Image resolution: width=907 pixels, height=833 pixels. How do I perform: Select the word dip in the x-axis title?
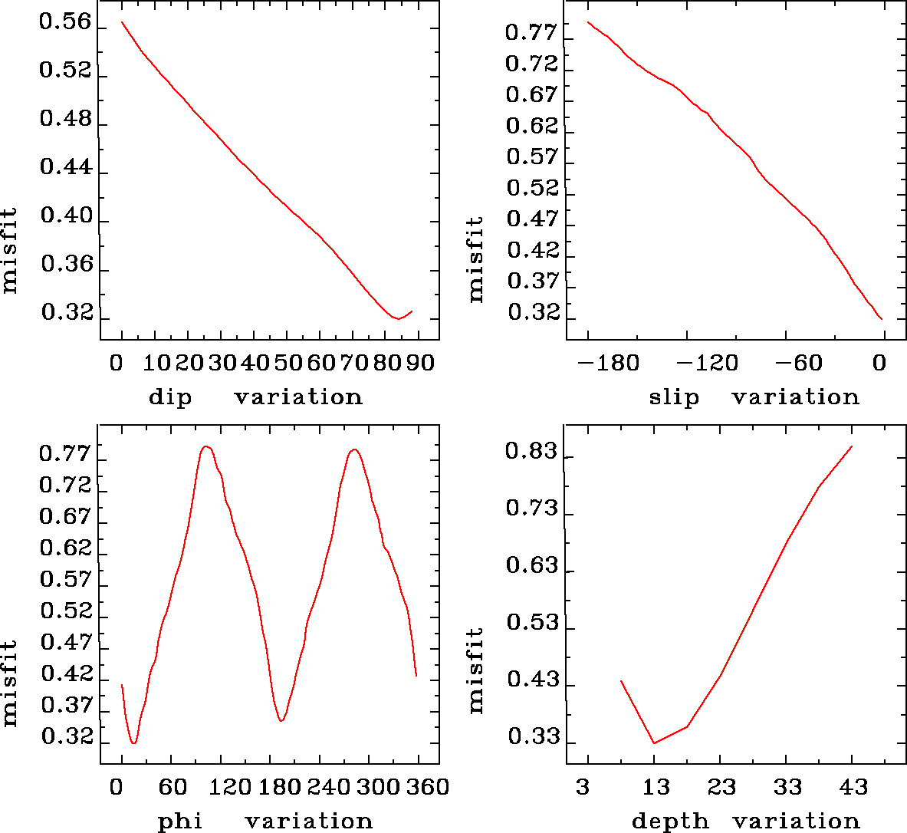click(x=170, y=397)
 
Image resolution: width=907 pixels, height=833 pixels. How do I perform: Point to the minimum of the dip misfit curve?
click(x=397, y=318)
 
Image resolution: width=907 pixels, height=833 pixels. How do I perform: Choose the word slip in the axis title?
click(x=674, y=397)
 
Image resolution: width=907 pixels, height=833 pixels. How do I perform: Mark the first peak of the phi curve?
click(x=205, y=446)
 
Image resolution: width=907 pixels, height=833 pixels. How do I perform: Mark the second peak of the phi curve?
click(x=353, y=449)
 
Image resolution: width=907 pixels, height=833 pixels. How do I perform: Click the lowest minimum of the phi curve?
click(x=134, y=742)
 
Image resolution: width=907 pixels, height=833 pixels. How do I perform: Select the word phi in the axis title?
click(x=180, y=821)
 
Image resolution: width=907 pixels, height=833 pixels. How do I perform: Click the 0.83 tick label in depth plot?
click(x=531, y=451)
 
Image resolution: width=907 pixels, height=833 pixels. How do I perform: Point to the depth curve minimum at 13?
click(x=654, y=742)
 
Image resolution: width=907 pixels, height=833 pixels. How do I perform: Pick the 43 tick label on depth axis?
click(x=852, y=787)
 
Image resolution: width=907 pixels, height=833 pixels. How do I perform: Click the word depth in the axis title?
click(x=669, y=821)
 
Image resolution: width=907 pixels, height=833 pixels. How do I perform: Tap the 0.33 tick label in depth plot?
click(x=531, y=738)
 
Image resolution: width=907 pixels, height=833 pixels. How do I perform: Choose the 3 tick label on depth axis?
click(x=583, y=787)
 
